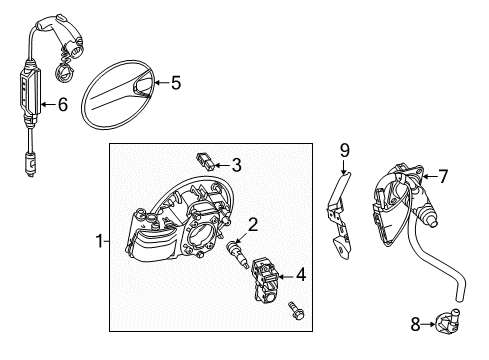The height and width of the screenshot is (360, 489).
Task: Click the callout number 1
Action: click(x=99, y=241)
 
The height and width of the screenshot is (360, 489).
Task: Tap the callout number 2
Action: click(x=254, y=225)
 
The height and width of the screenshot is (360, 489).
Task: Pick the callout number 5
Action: click(x=175, y=84)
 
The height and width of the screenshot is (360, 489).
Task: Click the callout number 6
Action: click(x=62, y=102)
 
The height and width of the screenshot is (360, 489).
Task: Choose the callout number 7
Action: click(x=444, y=177)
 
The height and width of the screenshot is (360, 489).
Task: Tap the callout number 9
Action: click(x=344, y=151)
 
